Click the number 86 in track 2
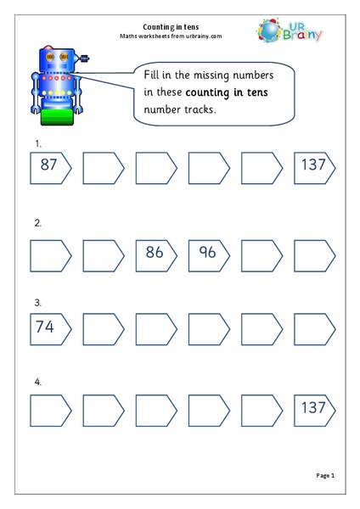click(x=154, y=253)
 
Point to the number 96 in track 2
click(x=206, y=253)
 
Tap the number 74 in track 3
click(x=48, y=327)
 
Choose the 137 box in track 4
click(x=312, y=411)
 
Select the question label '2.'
click(x=36, y=225)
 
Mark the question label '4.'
click(x=36, y=382)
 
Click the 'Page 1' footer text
click(x=325, y=476)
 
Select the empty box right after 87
click(x=102, y=168)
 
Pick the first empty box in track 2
click(x=49, y=253)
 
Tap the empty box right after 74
click(x=102, y=327)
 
